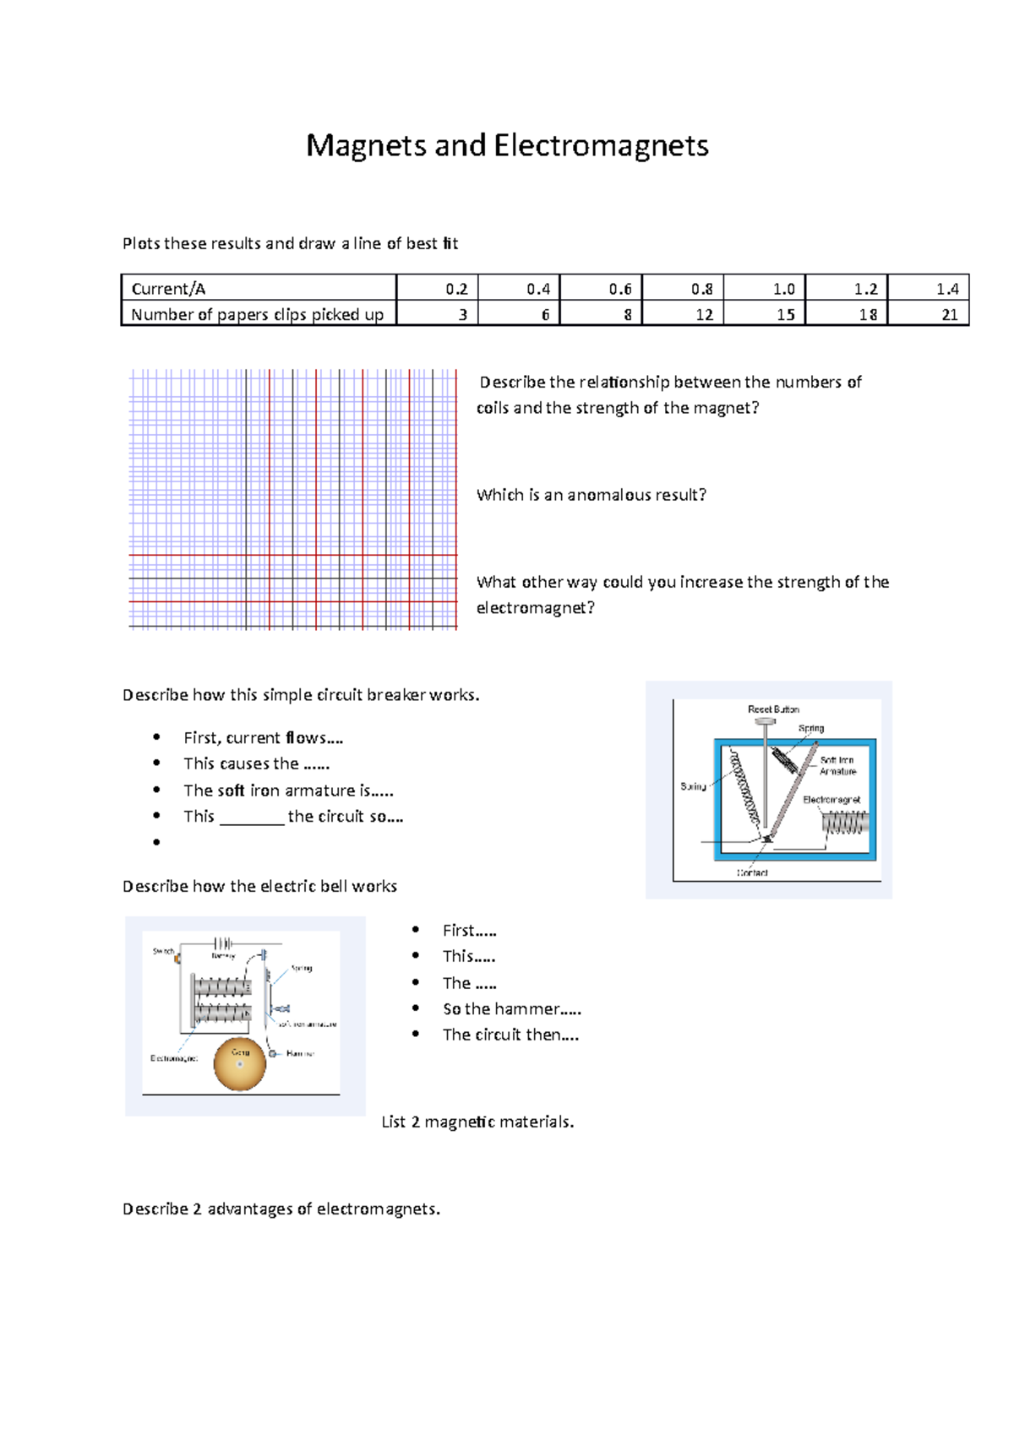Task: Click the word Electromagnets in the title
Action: tap(601, 146)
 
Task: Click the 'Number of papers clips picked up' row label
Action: tap(257, 314)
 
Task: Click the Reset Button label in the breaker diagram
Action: tap(772, 709)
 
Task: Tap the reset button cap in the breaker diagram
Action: tap(765, 721)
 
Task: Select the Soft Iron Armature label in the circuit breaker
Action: tap(837, 766)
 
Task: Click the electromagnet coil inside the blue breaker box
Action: tap(845, 823)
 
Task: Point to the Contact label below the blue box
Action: tap(751, 872)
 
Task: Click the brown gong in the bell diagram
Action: tap(239, 1065)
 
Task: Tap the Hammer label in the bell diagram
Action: tap(300, 1054)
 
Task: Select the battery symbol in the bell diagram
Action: tap(223, 943)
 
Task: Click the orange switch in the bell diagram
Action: tap(177, 958)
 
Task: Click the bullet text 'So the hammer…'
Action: tap(511, 1009)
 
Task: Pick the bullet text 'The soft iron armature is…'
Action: tap(288, 790)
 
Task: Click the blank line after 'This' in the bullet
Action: tap(252, 817)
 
